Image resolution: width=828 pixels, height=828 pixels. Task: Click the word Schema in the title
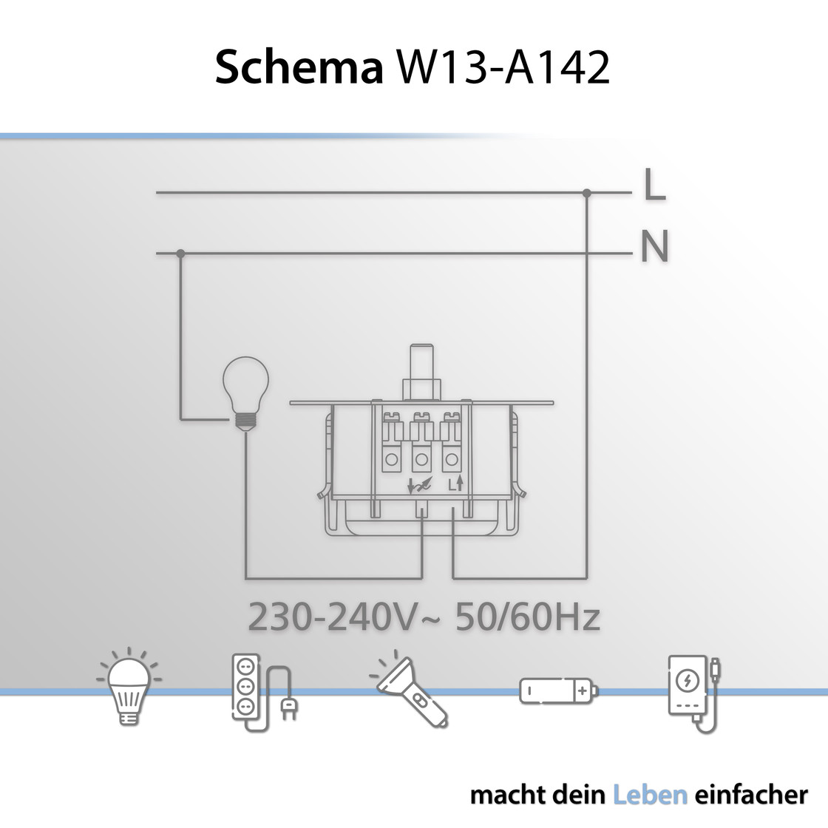pos(299,67)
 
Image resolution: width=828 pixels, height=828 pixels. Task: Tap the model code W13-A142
pos(503,67)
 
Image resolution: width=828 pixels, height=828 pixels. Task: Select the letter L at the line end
pos(655,184)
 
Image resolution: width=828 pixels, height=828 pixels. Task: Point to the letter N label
pos(655,246)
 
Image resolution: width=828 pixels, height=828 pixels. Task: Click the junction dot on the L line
pos(587,193)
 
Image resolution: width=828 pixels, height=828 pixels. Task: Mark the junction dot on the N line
pos(180,254)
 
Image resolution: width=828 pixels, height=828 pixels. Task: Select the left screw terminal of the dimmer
pos(392,443)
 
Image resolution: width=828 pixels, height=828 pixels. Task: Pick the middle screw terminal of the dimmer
pos(421,443)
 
